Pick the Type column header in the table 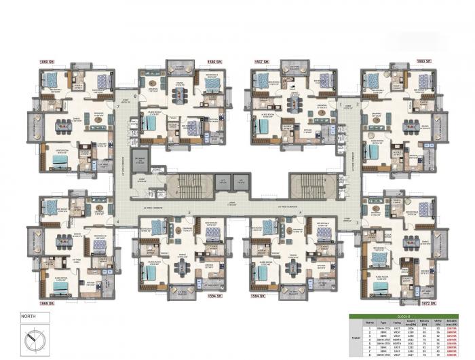coord(381,323)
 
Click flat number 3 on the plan coord(357,221)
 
